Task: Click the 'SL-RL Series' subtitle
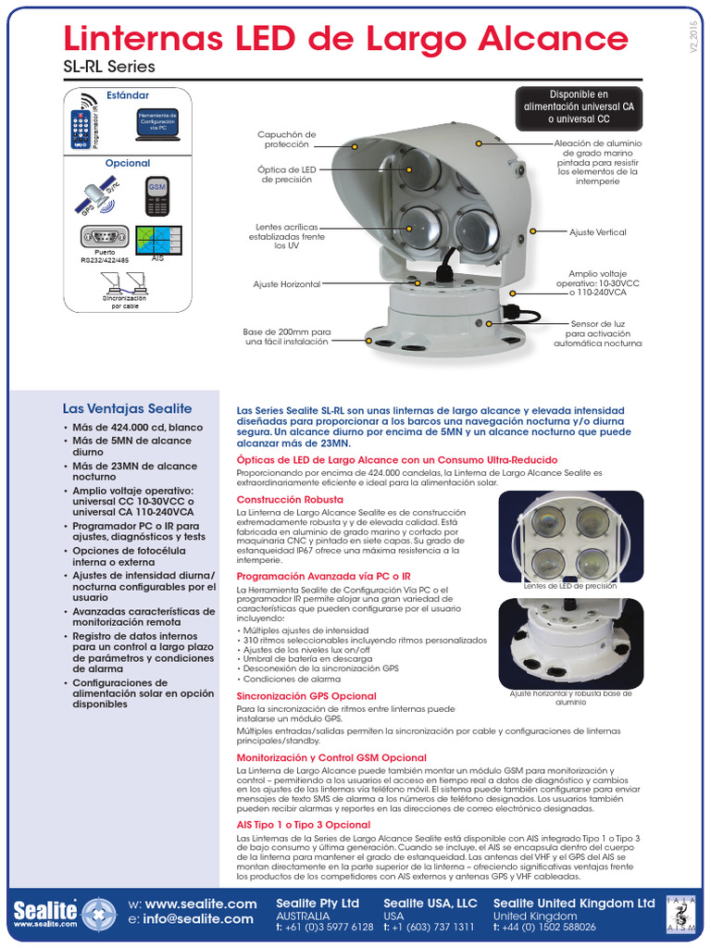pos(108,68)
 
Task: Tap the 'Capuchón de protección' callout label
pos(286,139)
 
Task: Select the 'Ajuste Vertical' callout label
pos(597,232)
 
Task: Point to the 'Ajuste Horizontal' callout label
pos(286,284)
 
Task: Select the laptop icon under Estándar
pos(156,125)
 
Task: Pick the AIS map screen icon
pos(157,240)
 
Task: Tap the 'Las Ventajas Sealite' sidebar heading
pos(127,408)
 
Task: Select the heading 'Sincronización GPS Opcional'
pos(306,695)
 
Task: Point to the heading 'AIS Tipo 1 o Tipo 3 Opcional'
pos(304,824)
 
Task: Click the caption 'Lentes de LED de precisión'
pos(569,586)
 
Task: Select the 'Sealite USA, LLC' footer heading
pos(430,903)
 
